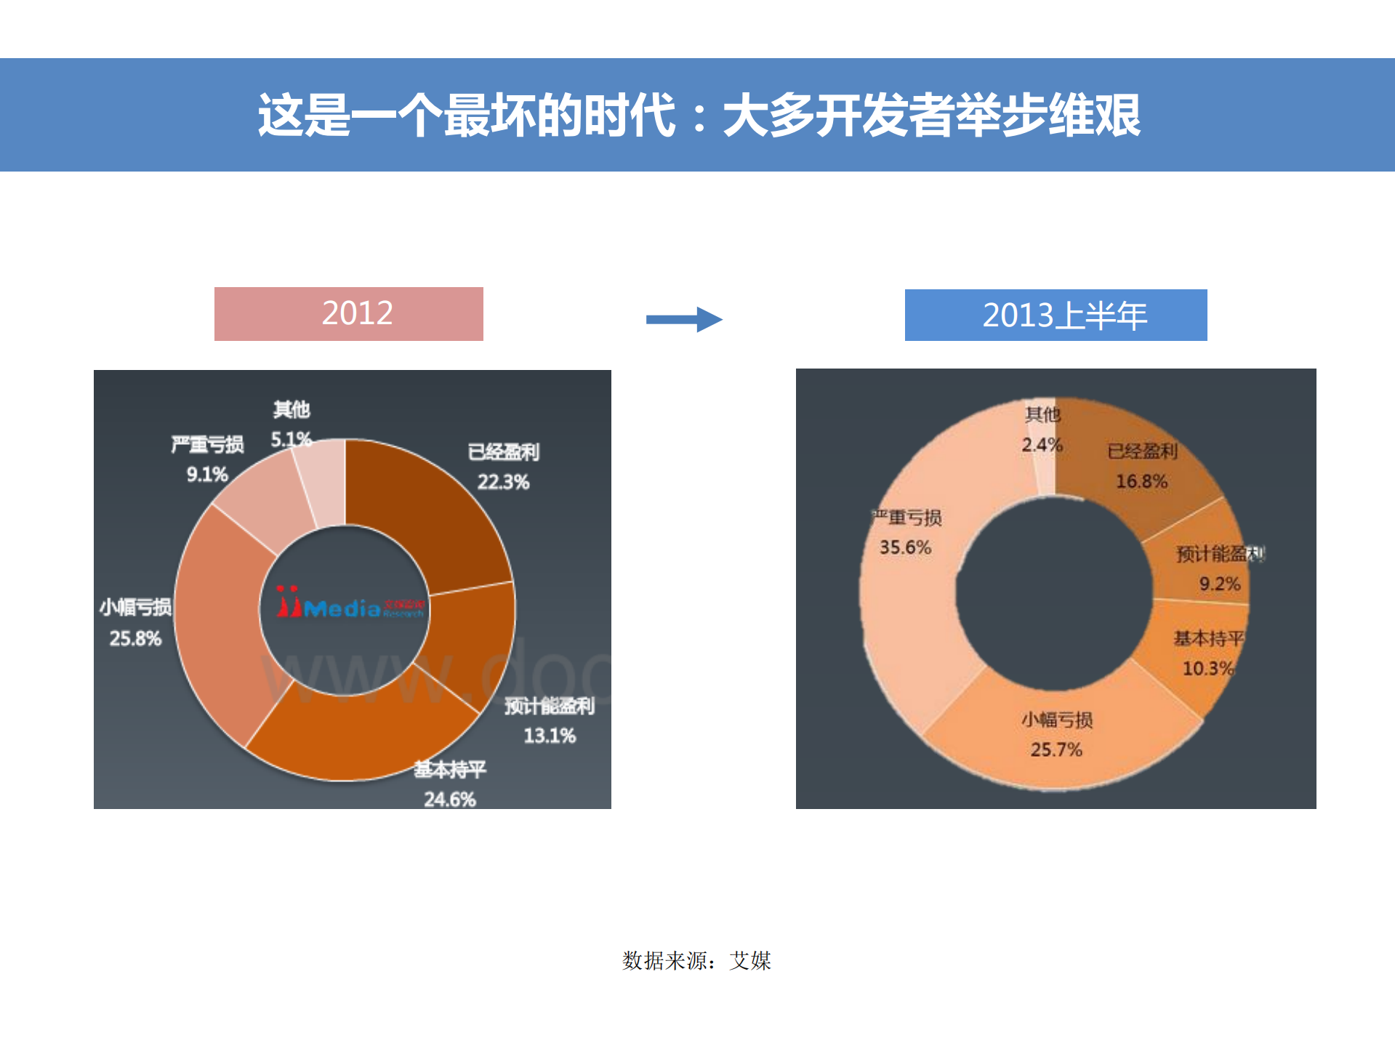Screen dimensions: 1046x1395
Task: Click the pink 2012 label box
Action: pyautogui.click(x=349, y=314)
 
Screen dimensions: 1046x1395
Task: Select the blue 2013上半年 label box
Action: pyautogui.click(x=1056, y=315)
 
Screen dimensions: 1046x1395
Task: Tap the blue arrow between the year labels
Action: pyautogui.click(x=684, y=319)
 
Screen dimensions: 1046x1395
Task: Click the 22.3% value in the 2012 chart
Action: pyautogui.click(x=503, y=482)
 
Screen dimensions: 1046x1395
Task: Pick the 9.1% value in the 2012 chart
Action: pyautogui.click(x=207, y=475)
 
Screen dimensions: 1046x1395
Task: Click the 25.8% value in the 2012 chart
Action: pyautogui.click(x=135, y=639)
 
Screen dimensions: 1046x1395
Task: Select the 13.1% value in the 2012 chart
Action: pyautogui.click(x=550, y=736)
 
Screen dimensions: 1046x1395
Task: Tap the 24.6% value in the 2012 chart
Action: pyautogui.click(x=450, y=800)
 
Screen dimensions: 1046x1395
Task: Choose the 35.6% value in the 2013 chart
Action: pyautogui.click(x=905, y=547)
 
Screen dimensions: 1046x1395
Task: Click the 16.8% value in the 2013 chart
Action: pyautogui.click(x=1141, y=481)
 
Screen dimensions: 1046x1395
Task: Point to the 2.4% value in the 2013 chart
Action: pyautogui.click(x=1042, y=445)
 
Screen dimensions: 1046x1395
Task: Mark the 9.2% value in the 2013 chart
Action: pyautogui.click(x=1219, y=584)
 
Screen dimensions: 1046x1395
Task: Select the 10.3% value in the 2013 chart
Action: pyautogui.click(x=1207, y=669)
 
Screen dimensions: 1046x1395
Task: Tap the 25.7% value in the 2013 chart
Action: pyautogui.click(x=1056, y=749)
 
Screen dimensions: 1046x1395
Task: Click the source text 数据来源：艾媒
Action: pyautogui.click(x=696, y=961)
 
